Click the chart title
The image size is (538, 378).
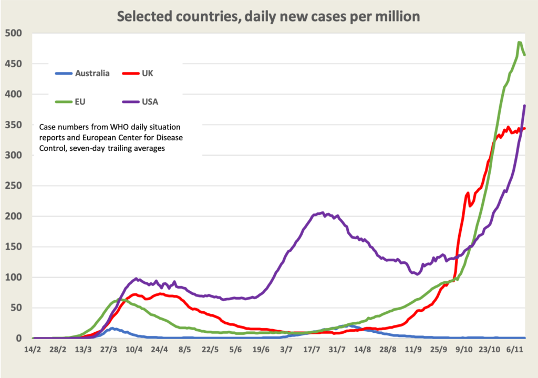coord(268,16)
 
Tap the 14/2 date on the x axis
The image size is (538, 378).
coord(33,349)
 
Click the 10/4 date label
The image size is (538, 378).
coord(134,349)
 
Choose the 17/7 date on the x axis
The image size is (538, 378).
coord(312,349)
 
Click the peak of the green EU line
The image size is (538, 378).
coord(519,43)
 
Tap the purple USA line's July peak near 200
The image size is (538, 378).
coord(322,213)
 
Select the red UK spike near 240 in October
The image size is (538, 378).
coord(468,193)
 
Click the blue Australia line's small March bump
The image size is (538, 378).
coord(111,329)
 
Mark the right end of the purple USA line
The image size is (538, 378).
coord(524,106)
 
